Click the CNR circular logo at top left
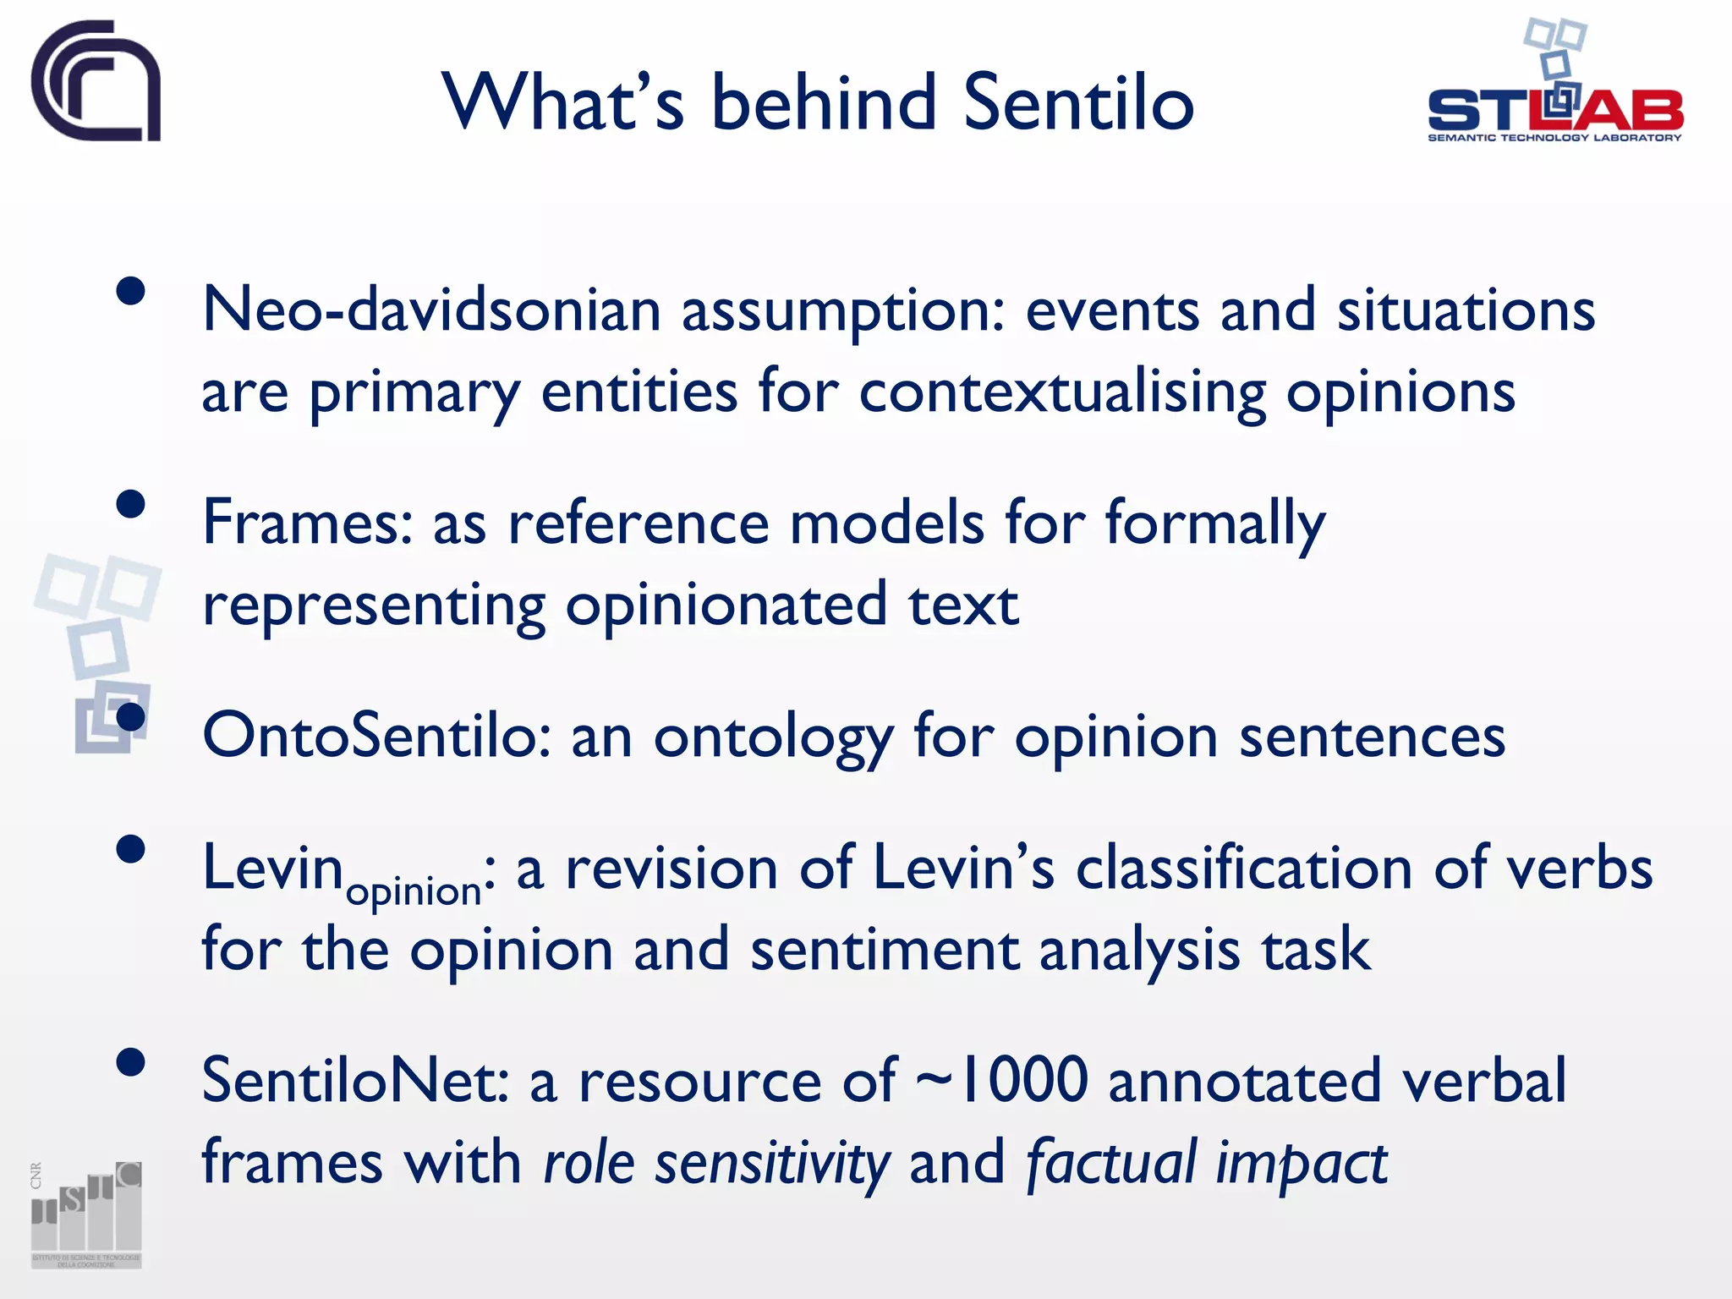96,81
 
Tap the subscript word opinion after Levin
414,891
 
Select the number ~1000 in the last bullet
1001,1080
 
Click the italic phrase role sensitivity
715,1162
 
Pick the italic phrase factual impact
1206,1162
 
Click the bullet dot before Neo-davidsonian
131,292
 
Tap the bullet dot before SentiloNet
131,1061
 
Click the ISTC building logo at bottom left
86,1214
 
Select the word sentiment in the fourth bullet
884,950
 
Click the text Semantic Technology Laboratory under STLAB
1554,138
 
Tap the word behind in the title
824,102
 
